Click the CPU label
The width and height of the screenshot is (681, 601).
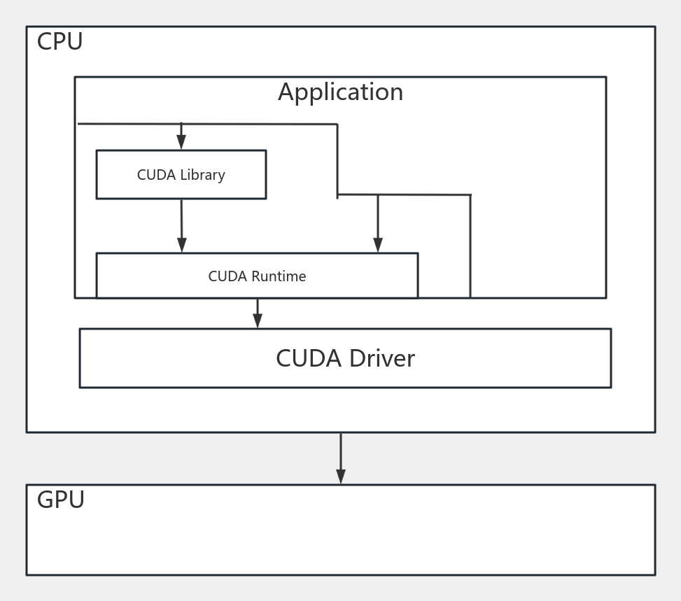tap(59, 42)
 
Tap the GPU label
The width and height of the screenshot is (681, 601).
tap(61, 500)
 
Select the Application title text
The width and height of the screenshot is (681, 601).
tap(340, 92)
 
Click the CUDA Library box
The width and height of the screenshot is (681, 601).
tap(181, 175)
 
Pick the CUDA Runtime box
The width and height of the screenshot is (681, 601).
tap(257, 276)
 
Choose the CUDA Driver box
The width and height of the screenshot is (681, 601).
tap(345, 358)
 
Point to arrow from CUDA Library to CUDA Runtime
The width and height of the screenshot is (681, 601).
tap(182, 224)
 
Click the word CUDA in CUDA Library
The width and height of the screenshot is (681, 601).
tap(156, 175)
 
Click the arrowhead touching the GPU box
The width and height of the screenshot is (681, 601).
tap(341, 476)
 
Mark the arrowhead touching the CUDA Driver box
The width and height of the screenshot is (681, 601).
tap(258, 320)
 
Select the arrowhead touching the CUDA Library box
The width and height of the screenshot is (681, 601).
tap(181, 142)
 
